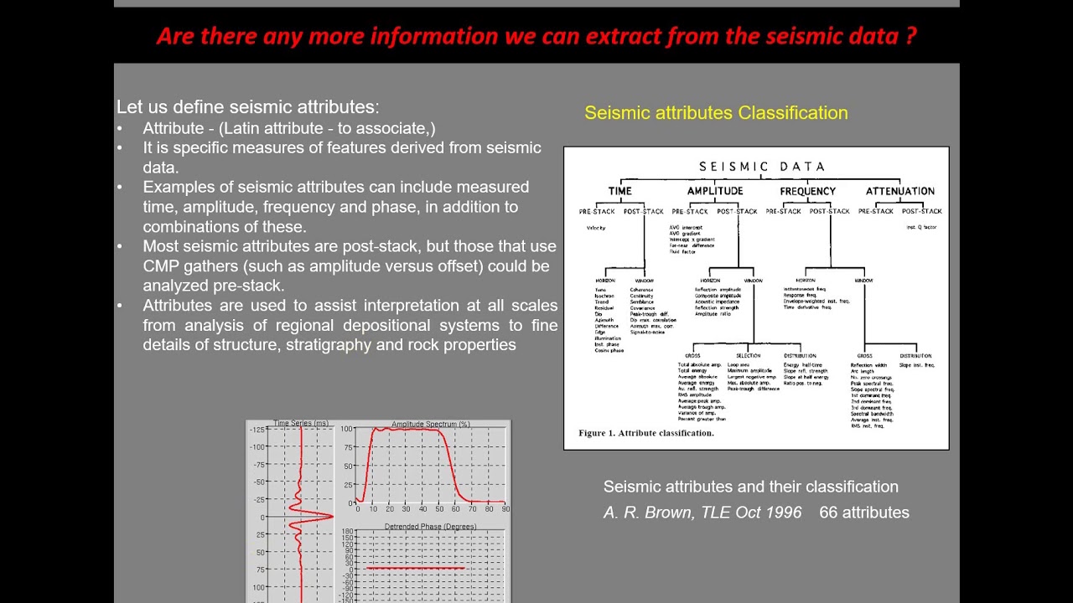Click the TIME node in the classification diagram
[x=619, y=191]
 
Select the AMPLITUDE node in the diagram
[x=714, y=191]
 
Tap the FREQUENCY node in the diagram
[x=807, y=191]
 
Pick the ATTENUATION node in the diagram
[x=899, y=191]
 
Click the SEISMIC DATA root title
[x=762, y=167]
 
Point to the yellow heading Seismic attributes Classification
[x=716, y=113]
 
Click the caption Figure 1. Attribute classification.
[x=645, y=433]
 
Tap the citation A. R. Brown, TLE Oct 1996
[x=702, y=513]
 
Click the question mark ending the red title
[x=910, y=36]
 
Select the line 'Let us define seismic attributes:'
[x=247, y=107]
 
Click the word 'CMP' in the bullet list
[x=161, y=266]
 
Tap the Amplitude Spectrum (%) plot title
[x=430, y=425]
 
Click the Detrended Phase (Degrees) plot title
[x=430, y=527]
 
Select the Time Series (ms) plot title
[x=301, y=424]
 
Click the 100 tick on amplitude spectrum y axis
[x=345, y=429]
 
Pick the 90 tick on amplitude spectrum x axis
[x=505, y=509]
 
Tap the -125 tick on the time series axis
[x=256, y=430]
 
